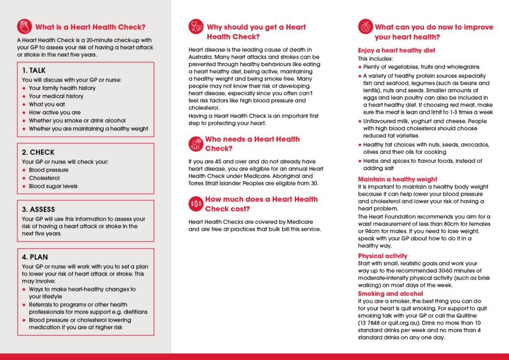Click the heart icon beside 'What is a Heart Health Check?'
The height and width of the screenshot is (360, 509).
pyautogui.click(x=24, y=27)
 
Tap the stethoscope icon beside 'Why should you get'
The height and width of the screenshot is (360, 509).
pyautogui.click(x=196, y=27)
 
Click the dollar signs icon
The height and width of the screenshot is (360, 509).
pyautogui.click(x=196, y=204)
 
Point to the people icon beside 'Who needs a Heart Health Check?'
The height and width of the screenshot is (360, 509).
pyautogui.click(x=196, y=143)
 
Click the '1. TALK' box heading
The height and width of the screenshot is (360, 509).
pyautogui.click(x=34, y=70)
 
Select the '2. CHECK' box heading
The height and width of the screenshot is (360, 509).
pyautogui.click(x=38, y=152)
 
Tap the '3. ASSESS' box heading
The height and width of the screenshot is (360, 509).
pyautogui.click(x=39, y=209)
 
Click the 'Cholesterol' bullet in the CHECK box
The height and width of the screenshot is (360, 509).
pyautogui.click(x=44, y=178)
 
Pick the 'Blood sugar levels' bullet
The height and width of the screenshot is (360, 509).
pyautogui.click(x=53, y=186)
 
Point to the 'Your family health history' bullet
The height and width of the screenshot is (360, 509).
pyautogui.click(x=62, y=88)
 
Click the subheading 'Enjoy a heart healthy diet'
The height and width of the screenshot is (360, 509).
pyautogui.click(x=396, y=50)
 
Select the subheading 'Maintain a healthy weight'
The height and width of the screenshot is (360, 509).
pyautogui.click(x=397, y=179)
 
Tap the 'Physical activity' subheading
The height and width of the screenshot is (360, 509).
pyautogui.click(x=382, y=256)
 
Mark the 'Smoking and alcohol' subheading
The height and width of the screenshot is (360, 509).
pyautogui.click(x=387, y=294)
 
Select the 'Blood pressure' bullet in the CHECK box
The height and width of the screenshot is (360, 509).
pyautogui.click(x=48, y=170)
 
